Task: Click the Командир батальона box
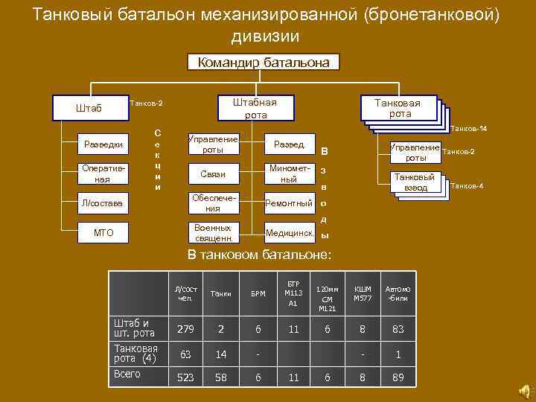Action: [264, 63]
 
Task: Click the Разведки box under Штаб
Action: [103, 144]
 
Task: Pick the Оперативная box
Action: [103, 174]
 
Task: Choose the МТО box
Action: [103, 233]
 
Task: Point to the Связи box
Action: [213, 174]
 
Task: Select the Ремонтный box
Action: [289, 203]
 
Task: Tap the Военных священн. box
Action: [213, 233]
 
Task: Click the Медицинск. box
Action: [289, 233]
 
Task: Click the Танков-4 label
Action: [468, 185]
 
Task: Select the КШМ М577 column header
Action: [363, 293]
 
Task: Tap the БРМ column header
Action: [258, 293]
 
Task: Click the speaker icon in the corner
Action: [522, 389]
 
